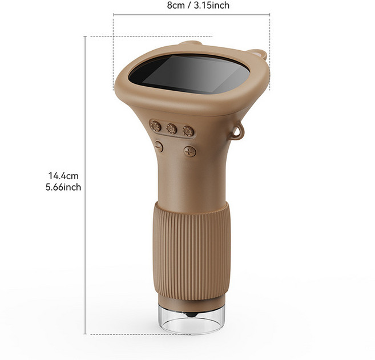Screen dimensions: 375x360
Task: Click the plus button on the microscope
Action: click(190, 151)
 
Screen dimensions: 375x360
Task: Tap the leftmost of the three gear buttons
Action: click(155, 126)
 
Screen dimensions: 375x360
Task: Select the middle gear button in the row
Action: click(171, 129)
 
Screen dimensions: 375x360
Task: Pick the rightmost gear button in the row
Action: click(188, 131)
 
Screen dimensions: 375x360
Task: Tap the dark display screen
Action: click(189, 74)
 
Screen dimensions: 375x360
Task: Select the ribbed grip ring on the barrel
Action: click(191, 251)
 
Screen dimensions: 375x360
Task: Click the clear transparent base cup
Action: click(191, 319)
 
